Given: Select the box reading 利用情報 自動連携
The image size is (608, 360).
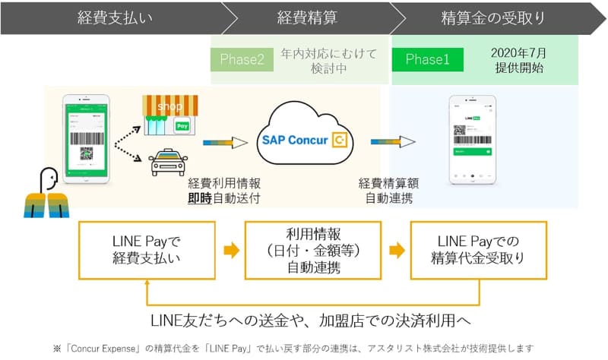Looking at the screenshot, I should [312, 250].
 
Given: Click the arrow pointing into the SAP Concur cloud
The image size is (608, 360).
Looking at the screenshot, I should [226, 141].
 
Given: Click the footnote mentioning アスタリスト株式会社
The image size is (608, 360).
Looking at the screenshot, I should [304, 348].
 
